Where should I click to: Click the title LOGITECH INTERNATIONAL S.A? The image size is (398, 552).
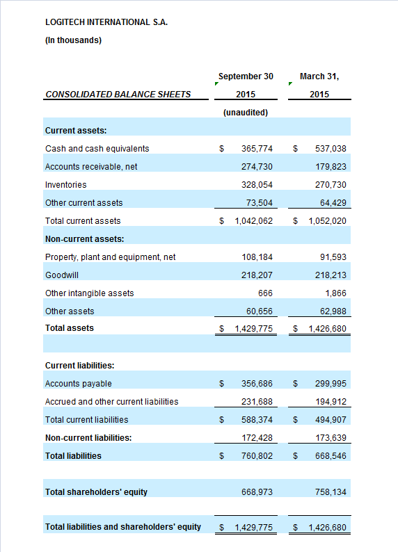pyautogui.click(x=106, y=22)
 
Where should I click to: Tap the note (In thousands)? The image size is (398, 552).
pyautogui.click(x=73, y=40)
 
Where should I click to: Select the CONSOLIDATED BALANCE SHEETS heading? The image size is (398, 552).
pyautogui.click(x=118, y=95)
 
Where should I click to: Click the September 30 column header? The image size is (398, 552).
pyautogui.click(x=246, y=76)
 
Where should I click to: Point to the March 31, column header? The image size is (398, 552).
pyautogui.click(x=319, y=76)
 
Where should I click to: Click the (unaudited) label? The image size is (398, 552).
pyautogui.click(x=246, y=113)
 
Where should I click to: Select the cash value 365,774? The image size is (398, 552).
pyautogui.click(x=257, y=149)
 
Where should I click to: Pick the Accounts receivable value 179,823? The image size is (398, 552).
pyautogui.click(x=331, y=167)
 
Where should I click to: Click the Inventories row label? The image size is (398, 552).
pyautogui.click(x=65, y=185)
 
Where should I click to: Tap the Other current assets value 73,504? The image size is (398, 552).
pyautogui.click(x=260, y=203)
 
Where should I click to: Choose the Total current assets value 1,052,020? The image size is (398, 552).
pyautogui.click(x=327, y=220)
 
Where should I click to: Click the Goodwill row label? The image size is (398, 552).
pyautogui.click(x=62, y=275)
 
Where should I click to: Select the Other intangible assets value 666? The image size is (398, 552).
pyautogui.click(x=265, y=293)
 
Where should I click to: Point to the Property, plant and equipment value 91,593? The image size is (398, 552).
pyautogui.click(x=333, y=257)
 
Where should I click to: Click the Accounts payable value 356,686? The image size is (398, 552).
pyautogui.click(x=257, y=383)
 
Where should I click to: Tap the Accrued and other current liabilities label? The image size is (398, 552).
pyautogui.click(x=111, y=402)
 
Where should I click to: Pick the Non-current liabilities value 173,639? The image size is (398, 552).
pyautogui.click(x=331, y=437)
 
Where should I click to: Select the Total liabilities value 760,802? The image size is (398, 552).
pyautogui.click(x=257, y=456)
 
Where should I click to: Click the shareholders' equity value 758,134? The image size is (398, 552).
pyautogui.click(x=331, y=492)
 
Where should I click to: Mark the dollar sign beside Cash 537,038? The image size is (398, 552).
pyautogui.click(x=295, y=149)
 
